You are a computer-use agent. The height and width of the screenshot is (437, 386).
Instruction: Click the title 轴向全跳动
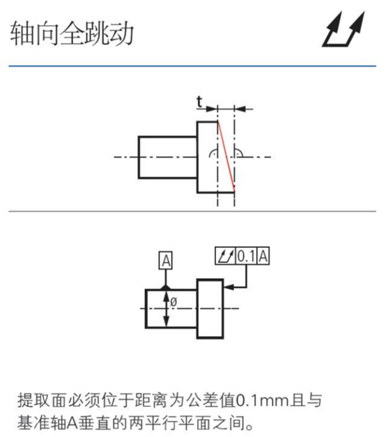tap(72, 33)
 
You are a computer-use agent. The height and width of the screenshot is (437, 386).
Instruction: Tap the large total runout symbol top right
tap(343, 29)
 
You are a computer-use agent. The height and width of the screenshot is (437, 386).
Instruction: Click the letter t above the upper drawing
tap(199, 102)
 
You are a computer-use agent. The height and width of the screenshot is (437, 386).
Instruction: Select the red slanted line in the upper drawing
tap(226, 156)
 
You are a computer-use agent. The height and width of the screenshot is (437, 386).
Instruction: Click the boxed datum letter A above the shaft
tap(166, 261)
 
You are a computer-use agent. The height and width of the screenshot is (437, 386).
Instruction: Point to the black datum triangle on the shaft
tap(166, 286)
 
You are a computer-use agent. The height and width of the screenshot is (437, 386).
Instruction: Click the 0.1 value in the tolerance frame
tap(246, 256)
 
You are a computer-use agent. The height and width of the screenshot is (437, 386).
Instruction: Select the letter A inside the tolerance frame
tap(263, 256)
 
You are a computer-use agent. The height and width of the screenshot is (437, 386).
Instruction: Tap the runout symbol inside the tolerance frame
tap(226, 256)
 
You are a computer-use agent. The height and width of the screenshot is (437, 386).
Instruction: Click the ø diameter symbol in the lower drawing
tap(173, 302)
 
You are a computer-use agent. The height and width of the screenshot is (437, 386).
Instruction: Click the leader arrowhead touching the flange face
tap(229, 286)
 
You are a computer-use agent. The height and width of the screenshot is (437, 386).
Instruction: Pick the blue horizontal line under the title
tap(192, 66)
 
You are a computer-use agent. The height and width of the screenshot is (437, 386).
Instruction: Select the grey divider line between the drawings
tap(192, 211)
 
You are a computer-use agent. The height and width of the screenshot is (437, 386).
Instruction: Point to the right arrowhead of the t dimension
tap(240, 109)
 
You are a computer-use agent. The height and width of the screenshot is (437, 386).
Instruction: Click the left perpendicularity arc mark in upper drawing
tap(213, 153)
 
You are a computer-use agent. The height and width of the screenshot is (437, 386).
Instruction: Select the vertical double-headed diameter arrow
tap(166, 309)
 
